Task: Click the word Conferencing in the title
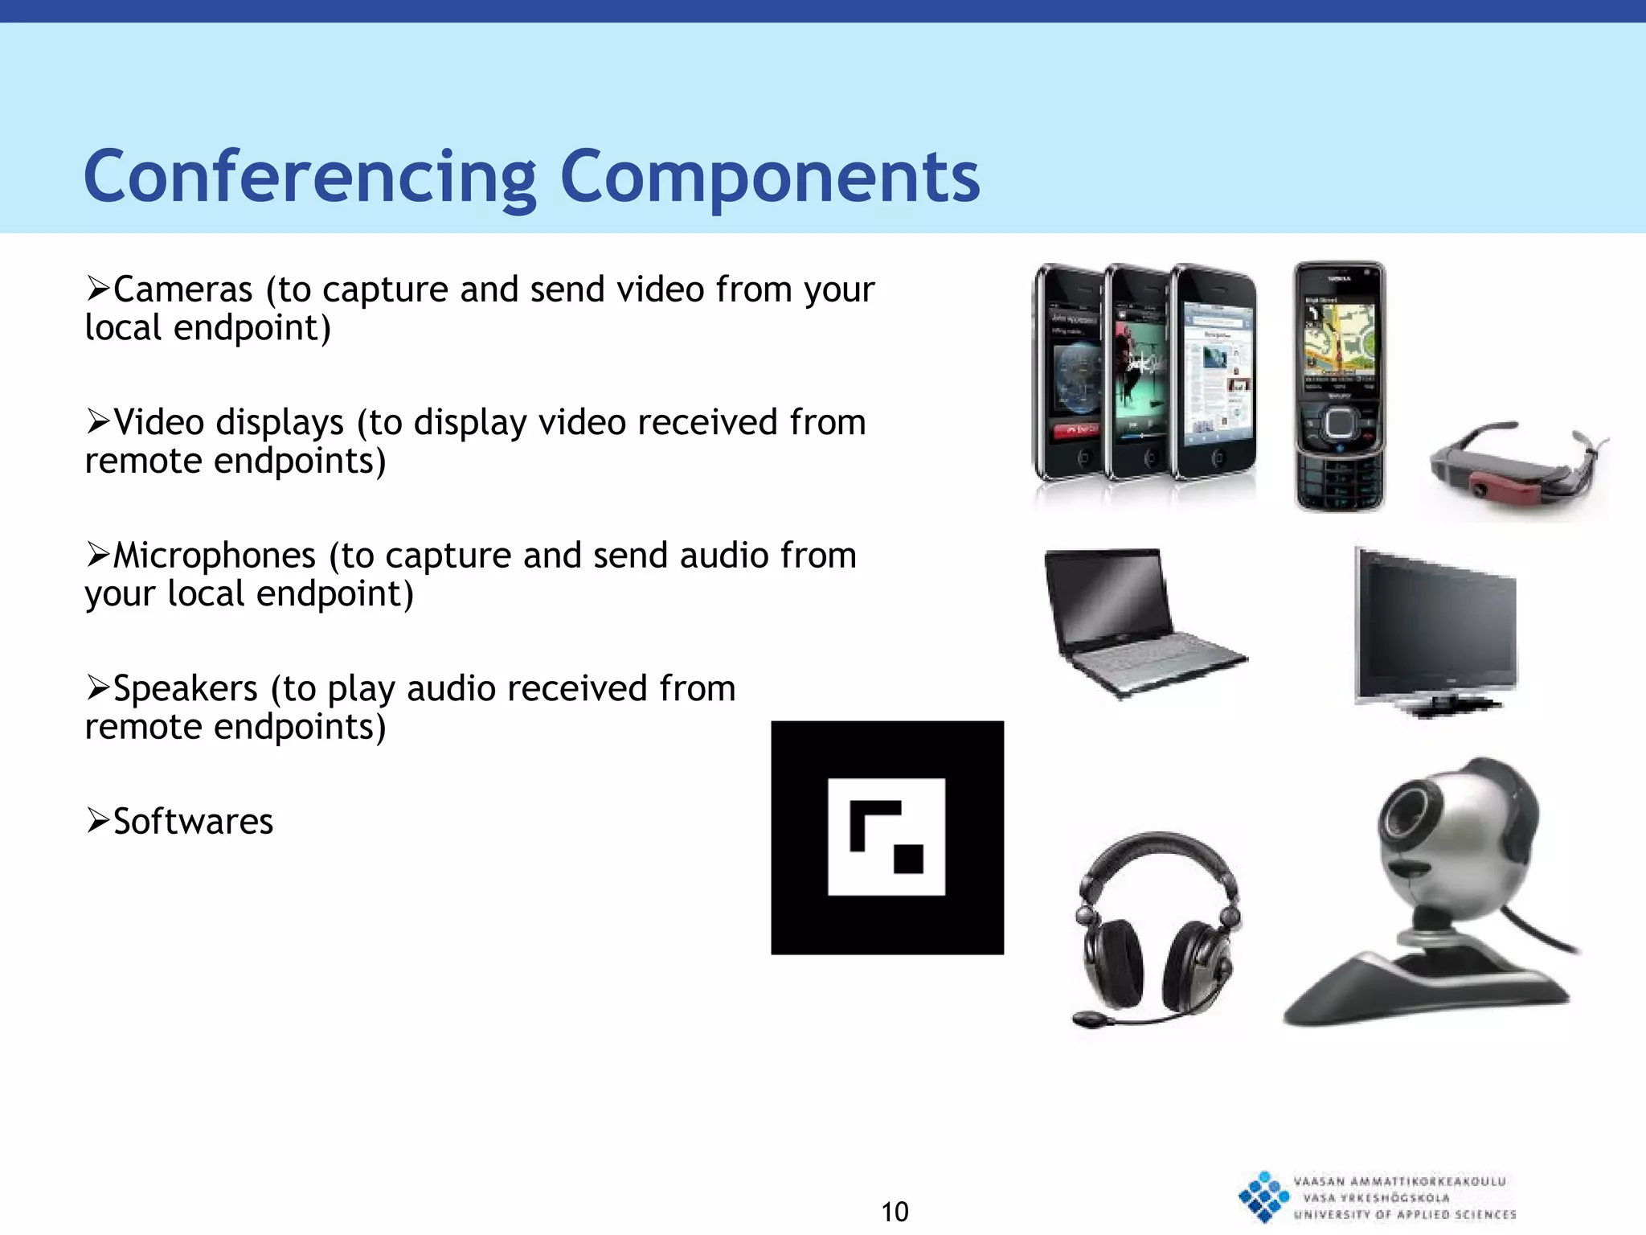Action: pos(310,178)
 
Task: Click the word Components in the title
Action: pos(770,178)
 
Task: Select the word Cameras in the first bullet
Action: pos(182,290)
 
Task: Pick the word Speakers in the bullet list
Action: pos(186,689)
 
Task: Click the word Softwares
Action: pos(193,822)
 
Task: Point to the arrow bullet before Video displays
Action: pos(97,421)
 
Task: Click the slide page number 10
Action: pos(895,1212)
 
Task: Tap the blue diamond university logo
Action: pos(1263,1197)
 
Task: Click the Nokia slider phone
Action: pos(1339,386)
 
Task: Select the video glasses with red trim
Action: pos(1516,466)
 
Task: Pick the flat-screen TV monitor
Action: pos(1435,631)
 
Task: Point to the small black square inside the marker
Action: pos(908,859)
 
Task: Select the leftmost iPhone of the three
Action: pos(1070,374)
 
